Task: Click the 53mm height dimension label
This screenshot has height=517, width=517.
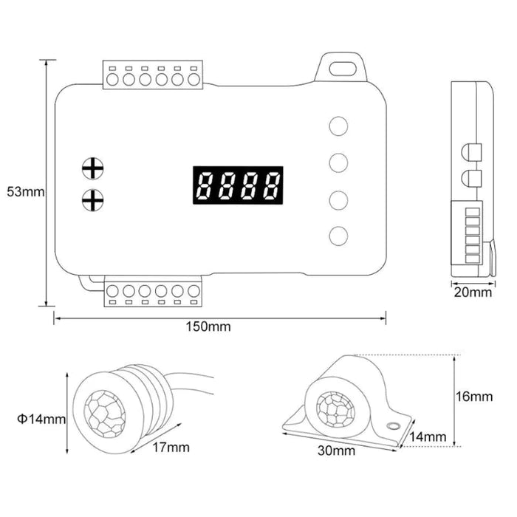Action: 26,191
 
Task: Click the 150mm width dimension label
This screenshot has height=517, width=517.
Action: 208,326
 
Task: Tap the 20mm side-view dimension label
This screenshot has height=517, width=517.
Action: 473,292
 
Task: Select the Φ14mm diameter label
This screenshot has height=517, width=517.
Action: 41,419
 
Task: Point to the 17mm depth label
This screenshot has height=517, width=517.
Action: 171,448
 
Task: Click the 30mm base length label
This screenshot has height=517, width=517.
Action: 336,451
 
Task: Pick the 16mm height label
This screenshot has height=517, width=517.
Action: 474,397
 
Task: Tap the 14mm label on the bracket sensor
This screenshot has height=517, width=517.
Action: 428,437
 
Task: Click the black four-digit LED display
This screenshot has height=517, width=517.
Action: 238,185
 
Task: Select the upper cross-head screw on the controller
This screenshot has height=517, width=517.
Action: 92,168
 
